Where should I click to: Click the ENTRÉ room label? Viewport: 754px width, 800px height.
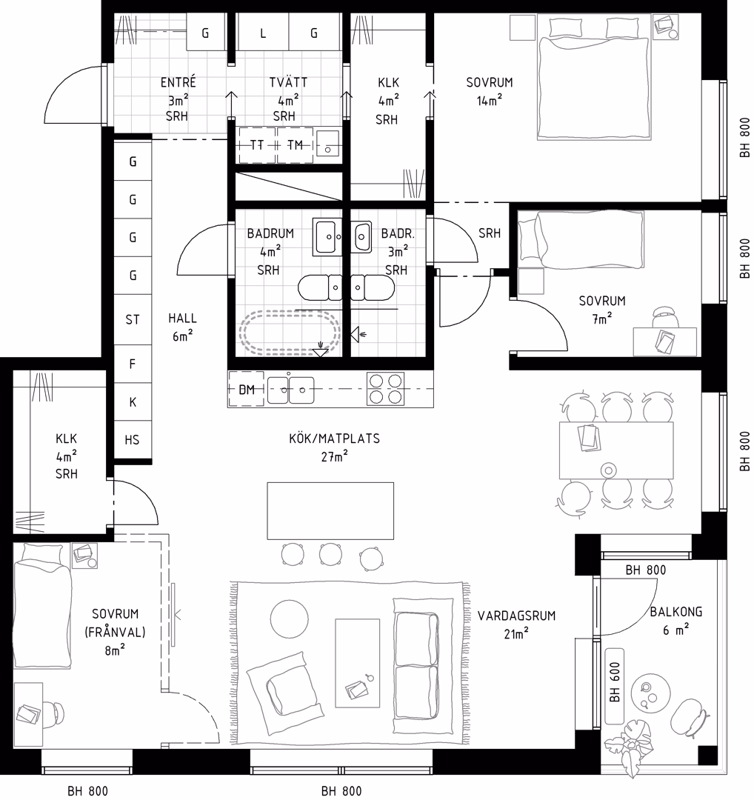178,82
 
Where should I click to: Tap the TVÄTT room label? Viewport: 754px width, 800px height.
288,82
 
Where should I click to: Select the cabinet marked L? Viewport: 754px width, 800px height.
263,32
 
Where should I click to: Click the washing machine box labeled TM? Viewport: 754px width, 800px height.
295,145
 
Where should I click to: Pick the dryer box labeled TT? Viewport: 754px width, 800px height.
257,145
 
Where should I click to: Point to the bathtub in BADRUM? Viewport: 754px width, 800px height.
290,332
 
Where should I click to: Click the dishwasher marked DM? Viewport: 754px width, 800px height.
247,390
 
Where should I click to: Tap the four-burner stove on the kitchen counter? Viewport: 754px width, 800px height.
385,389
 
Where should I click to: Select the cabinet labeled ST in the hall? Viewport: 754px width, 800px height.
133,319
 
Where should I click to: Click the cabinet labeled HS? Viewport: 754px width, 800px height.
133,440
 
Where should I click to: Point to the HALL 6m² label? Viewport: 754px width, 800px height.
182,327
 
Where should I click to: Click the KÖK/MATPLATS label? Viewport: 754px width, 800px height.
334,439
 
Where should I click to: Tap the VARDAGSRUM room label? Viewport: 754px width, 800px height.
516,616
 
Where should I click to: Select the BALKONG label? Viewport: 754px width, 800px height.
676,611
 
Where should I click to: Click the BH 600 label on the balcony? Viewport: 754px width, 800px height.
615,681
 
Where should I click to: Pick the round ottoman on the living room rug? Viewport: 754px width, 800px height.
290,619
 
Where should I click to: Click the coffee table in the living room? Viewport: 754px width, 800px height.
358,663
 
